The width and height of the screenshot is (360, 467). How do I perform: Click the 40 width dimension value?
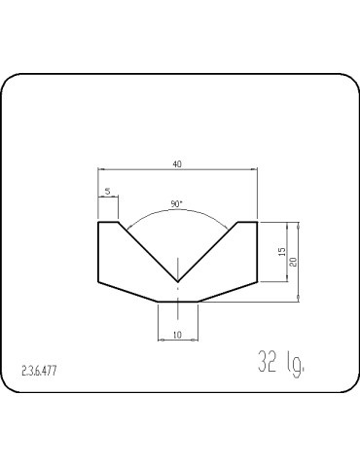[177, 163]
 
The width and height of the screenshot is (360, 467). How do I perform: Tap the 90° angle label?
[176, 204]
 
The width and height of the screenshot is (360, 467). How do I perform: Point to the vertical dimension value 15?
[281, 252]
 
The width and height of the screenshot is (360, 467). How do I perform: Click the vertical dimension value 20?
[293, 261]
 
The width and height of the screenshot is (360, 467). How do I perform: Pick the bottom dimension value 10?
[177, 334]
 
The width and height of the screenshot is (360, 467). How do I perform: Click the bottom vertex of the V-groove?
[177, 282]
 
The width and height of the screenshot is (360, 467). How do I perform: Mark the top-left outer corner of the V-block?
[98, 223]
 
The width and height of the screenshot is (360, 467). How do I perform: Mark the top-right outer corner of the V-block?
[257, 223]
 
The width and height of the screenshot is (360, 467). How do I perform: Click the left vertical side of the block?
[98, 251]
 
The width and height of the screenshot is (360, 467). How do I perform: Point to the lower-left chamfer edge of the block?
[127, 291]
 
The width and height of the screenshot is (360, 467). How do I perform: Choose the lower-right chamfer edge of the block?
[228, 291]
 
